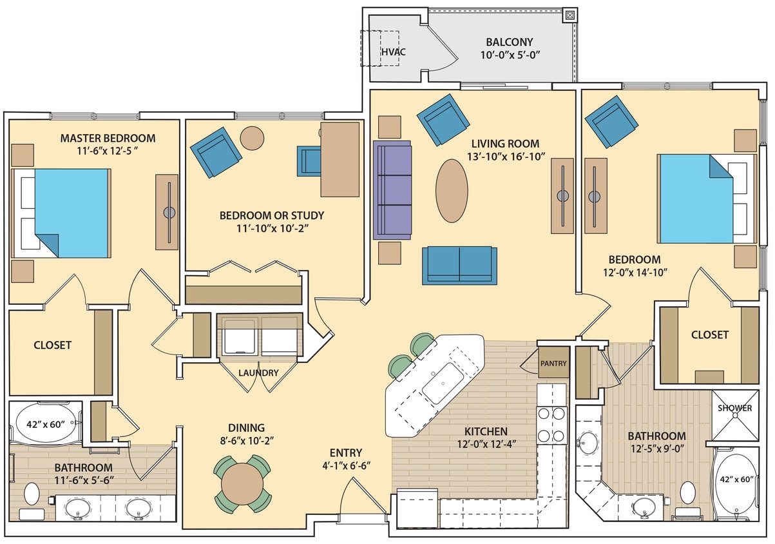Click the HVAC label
[388, 51]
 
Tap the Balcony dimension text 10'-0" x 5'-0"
[509, 55]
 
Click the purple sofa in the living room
[392, 190]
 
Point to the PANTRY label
[553, 364]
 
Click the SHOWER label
[735, 408]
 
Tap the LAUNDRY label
[258, 373]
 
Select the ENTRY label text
[345, 452]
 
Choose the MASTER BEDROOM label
[108, 138]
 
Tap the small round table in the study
[252, 137]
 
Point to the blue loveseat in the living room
[459, 265]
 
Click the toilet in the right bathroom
[688, 493]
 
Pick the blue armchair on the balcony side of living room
[443, 119]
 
